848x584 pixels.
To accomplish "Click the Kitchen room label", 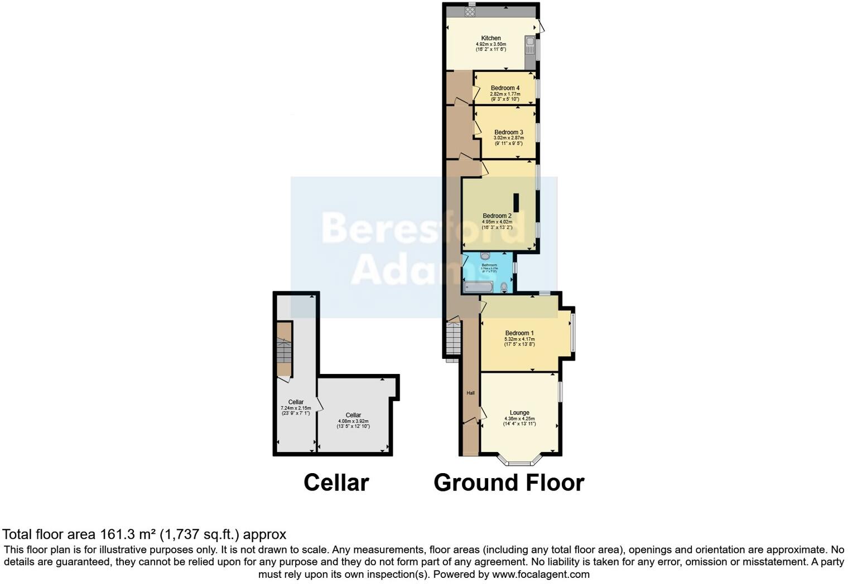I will click(491, 38).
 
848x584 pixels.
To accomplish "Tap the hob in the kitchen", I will click(470, 11).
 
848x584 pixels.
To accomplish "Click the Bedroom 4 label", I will click(505, 88).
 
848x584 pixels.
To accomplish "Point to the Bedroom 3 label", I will click(508, 132).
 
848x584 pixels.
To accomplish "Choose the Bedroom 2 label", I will click(497, 216).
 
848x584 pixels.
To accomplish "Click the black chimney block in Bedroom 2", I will click(516, 202).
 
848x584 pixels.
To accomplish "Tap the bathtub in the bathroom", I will click(478, 287).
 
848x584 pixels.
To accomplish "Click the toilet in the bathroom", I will click(504, 286).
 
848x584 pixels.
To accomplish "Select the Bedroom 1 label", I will click(519, 333).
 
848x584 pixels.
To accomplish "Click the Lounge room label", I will click(519, 413).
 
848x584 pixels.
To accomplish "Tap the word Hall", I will click(471, 393).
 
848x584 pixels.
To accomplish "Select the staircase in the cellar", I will click(285, 351).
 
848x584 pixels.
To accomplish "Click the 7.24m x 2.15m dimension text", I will click(296, 408).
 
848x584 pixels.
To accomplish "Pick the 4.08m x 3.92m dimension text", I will click(353, 421).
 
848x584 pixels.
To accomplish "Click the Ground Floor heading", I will click(509, 483).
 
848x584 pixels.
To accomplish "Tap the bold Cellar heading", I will click(336, 483).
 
